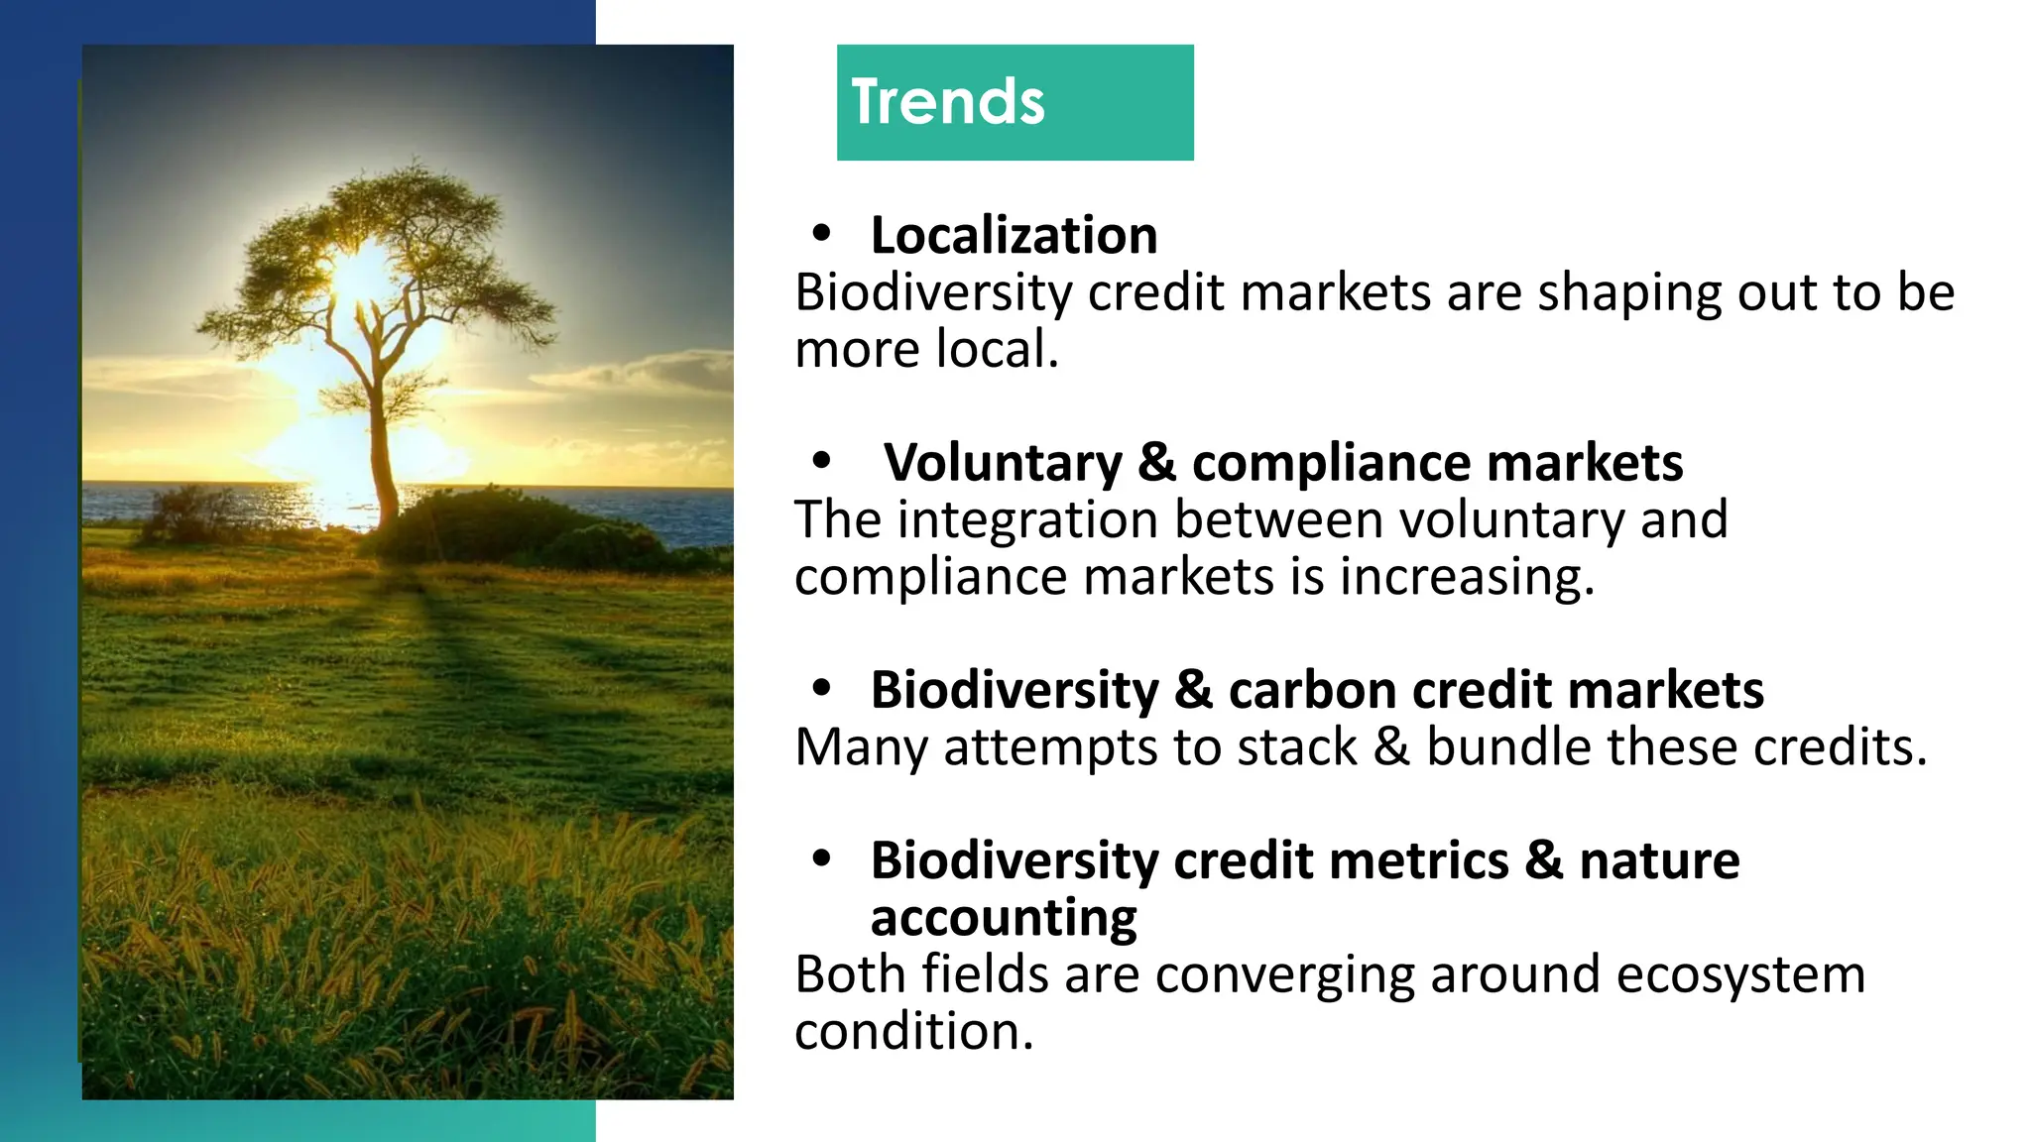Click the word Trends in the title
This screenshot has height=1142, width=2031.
pos(948,102)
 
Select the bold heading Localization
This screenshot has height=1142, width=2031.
pos(1014,236)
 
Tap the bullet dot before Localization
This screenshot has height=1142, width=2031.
pos(820,234)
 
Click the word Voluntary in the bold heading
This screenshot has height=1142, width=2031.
pos(1003,463)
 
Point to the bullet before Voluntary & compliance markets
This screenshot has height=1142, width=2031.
pos(820,461)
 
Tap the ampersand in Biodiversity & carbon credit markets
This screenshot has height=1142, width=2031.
pos(1193,690)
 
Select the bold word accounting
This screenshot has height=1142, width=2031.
pos(1003,918)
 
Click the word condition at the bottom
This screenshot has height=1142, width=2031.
pos(912,1032)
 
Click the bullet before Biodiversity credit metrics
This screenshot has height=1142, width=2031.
pos(820,859)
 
